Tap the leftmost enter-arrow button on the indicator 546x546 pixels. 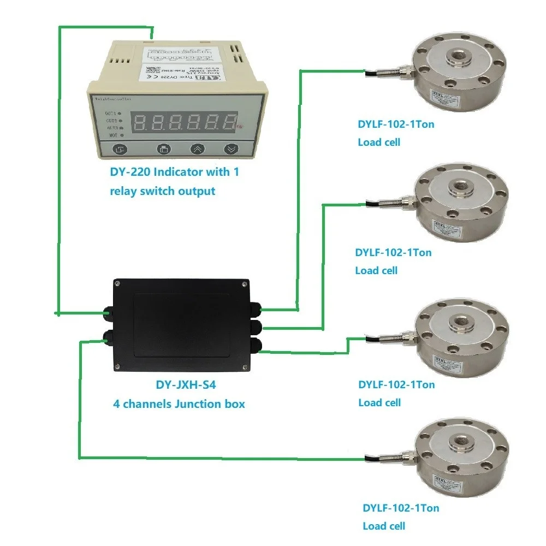tap(120, 149)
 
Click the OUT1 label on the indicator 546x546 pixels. tap(111, 113)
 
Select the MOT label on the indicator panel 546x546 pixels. tap(111, 134)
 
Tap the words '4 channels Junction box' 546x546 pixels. tap(179, 404)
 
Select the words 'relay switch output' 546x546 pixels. tap(163, 191)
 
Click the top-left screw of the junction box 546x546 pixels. tap(117, 283)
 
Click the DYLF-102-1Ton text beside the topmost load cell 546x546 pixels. tap(396, 124)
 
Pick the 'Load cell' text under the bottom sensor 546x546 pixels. tap(384, 526)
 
